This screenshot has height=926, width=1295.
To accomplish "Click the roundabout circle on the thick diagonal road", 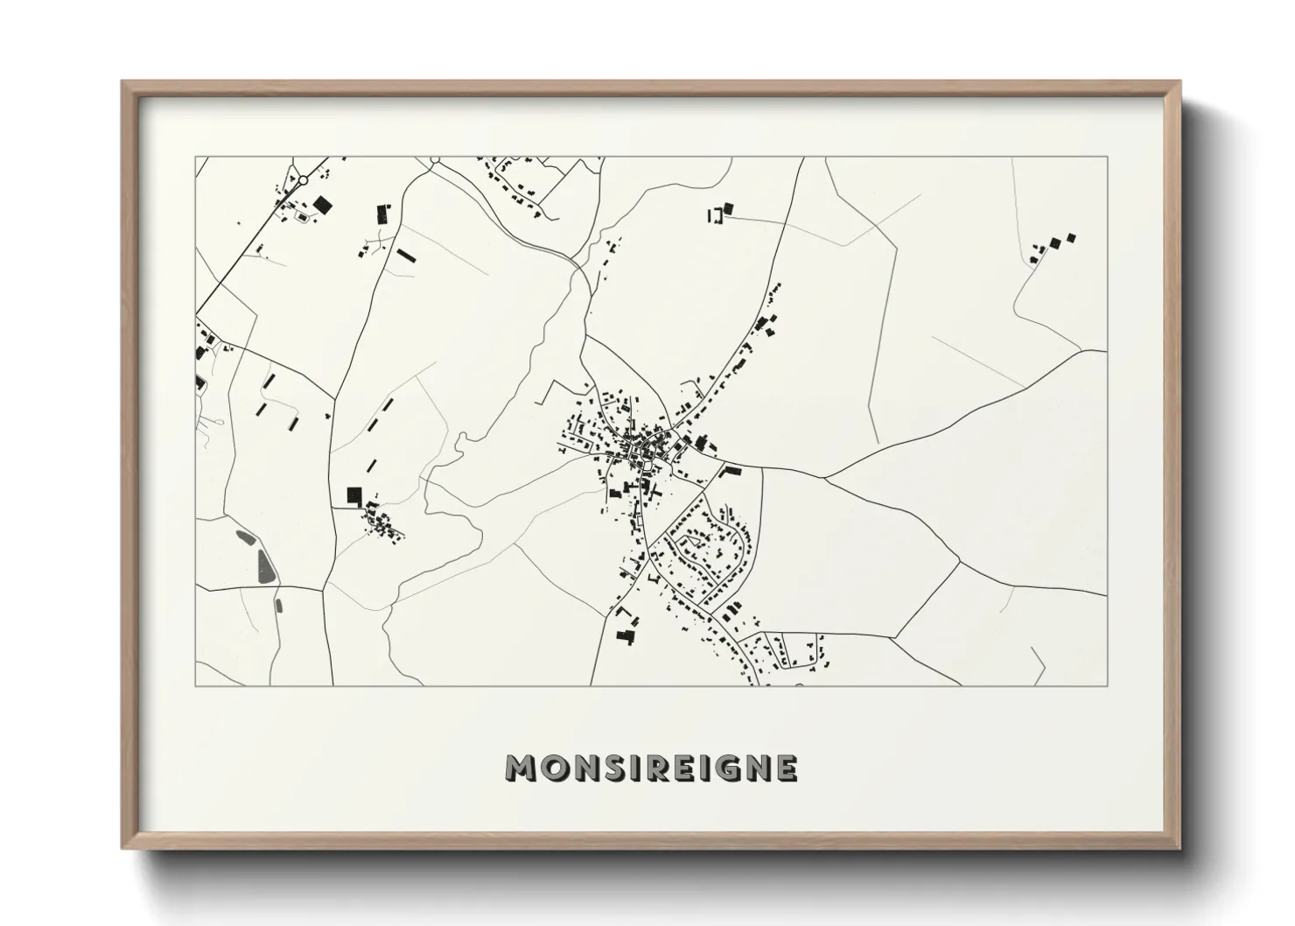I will [303, 180].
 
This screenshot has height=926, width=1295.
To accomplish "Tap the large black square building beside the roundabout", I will [323, 205].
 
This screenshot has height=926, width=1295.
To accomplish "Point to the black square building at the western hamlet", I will [354, 496].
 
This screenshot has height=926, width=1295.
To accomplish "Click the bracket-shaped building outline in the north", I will [717, 214].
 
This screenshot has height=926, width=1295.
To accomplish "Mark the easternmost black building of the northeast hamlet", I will [1071, 237].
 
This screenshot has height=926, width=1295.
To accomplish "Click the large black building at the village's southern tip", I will [624, 634].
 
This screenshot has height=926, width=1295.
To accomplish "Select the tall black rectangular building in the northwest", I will [382, 214].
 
